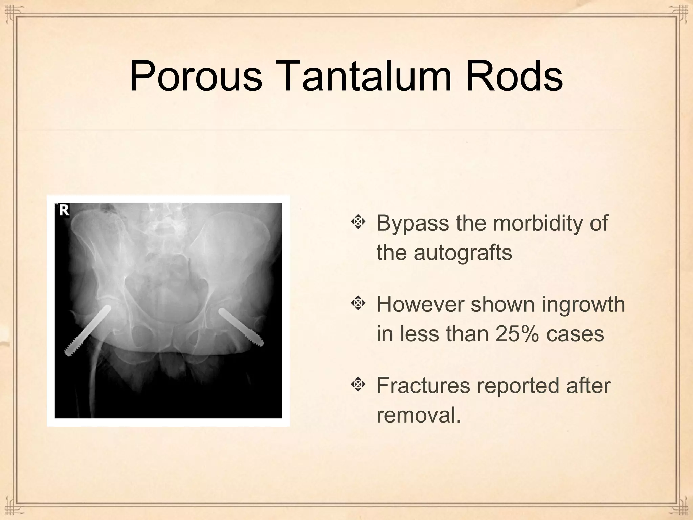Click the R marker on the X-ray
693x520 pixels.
coord(64,210)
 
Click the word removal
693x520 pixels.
coord(419,415)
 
